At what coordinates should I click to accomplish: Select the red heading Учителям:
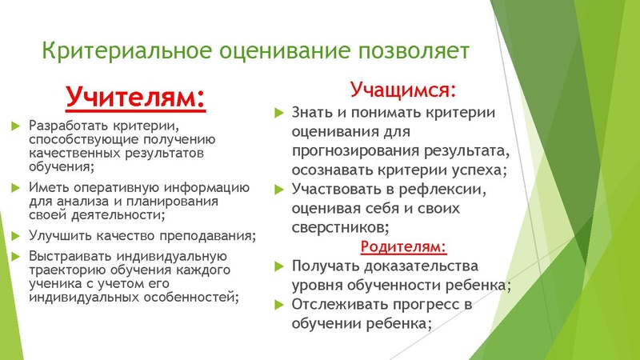[x=135, y=98]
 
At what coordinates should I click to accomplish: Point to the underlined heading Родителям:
[x=403, y=246]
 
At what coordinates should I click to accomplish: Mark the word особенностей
[x=189, y=298]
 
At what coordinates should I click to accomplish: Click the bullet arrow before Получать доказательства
[x=278, y=266]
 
